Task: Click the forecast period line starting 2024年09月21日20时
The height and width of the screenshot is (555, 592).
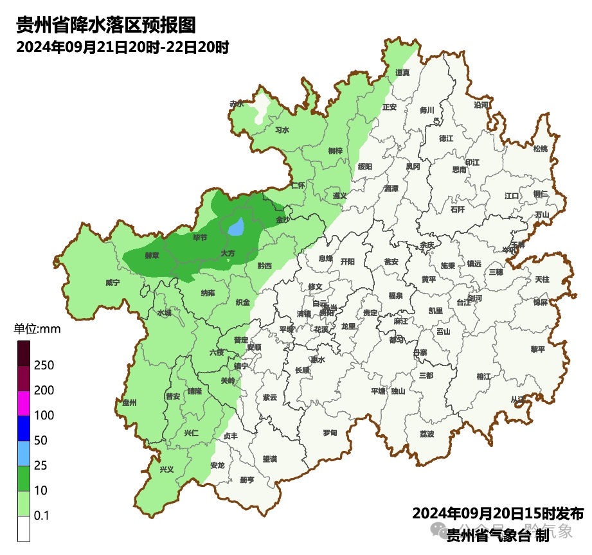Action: point(123,48)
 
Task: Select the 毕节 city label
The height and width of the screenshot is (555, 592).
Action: point(200,238)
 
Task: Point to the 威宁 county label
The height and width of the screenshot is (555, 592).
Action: point(112,282)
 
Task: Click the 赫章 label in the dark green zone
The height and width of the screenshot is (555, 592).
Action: point(152,255)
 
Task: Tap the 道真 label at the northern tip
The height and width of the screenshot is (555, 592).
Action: point(402,73)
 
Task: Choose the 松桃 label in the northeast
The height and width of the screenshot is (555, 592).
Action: point(541,149)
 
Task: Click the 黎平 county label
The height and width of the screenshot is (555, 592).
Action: point(537,349)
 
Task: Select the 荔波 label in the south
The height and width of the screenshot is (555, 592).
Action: point(427,434)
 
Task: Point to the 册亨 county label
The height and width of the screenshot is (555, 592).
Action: point(246,480)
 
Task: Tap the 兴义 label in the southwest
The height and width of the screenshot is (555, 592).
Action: point(166,470)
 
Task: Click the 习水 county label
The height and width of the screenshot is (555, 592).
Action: point(282,130)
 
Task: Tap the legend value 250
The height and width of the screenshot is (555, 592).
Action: point(44,366)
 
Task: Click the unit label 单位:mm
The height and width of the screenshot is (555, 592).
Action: point(37,330)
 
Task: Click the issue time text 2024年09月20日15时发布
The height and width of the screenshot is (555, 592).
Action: point(498,514)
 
